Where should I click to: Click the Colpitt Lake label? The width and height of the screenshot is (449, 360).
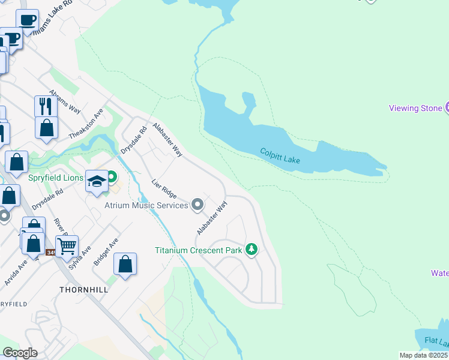[280, 156]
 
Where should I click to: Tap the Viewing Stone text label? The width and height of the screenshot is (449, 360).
[415, 108]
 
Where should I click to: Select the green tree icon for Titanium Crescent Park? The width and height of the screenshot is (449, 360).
[252, 250]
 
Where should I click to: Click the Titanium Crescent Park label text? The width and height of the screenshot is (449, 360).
[198, 250]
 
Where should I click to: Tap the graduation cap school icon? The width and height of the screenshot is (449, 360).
[97, 179]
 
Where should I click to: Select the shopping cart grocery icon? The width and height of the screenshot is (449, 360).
[67, 245]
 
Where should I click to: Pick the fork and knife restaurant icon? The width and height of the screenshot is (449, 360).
[46, 106]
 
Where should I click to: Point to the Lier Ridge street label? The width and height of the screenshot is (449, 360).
[164, 188]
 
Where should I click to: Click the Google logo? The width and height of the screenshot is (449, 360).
[20, 353]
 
